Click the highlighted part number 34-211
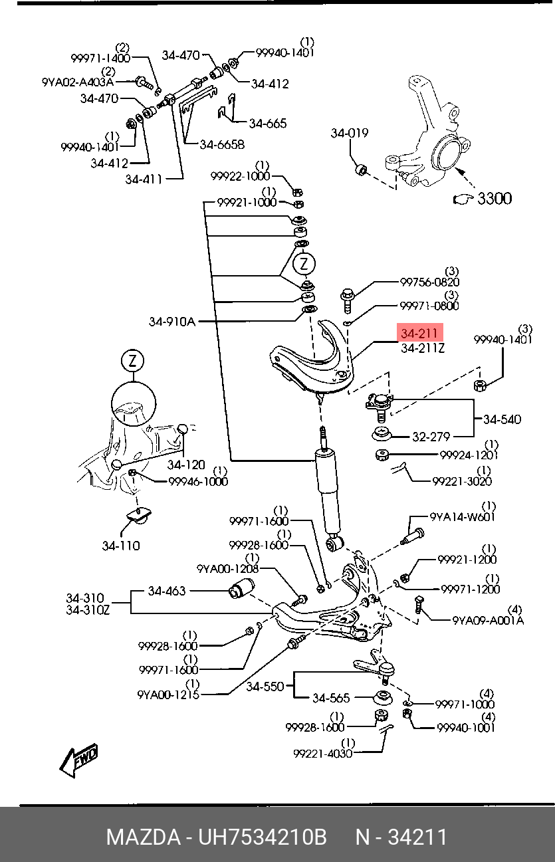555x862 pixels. pos(419,333)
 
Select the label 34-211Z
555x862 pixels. pos(423,348)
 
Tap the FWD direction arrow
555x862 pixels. pos(78,760)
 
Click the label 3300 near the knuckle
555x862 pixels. pos(494,198)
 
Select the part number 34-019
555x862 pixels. pos(350,134)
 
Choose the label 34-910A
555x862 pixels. pos(171,322)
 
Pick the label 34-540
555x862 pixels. pos(502,419)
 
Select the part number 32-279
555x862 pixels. pos(431,437)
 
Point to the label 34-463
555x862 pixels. pos(166,591)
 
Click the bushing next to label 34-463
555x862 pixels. pos(242,589)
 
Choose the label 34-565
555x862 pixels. pos(330,699)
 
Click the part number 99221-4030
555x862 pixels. pos(322,754)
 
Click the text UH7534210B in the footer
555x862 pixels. pos(263,837)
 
